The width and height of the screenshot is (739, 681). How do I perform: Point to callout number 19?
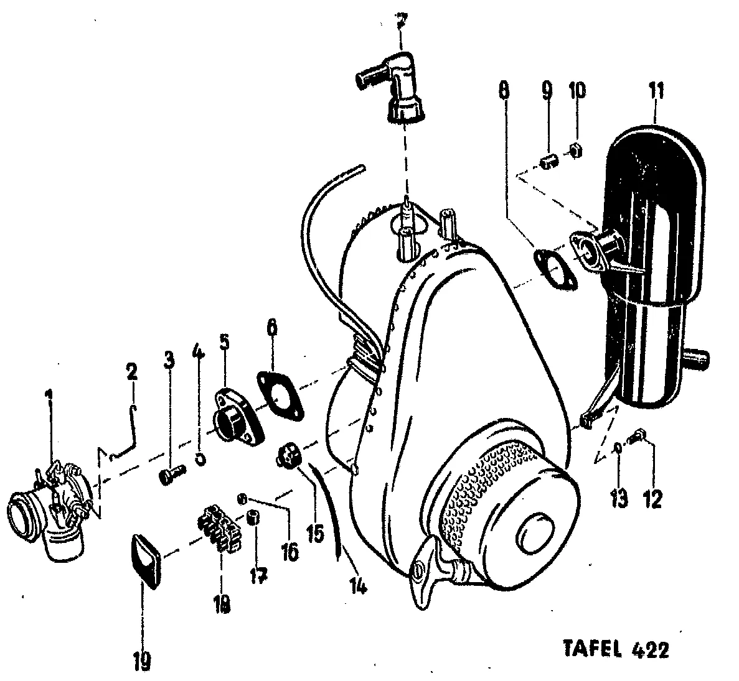(142, 661)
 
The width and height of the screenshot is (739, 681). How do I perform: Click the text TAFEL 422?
(617, 650)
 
